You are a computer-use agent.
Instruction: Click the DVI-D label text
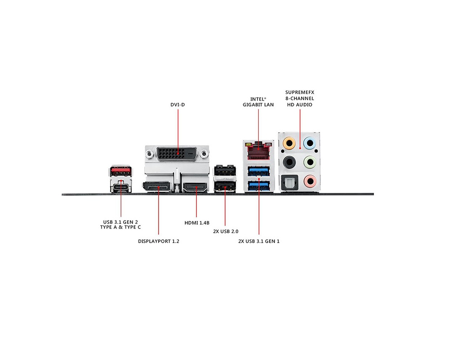(178, 104)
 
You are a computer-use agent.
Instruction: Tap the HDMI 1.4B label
(197, 223)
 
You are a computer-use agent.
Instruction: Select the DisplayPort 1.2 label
(159, 241)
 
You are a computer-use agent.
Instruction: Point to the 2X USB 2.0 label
(226, 231)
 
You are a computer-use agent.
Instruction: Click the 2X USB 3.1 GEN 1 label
(259, 241)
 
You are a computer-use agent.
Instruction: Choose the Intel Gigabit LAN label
(258, 102)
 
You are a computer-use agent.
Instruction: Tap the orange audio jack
(289, 144)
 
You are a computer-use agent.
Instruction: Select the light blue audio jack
(309, 144)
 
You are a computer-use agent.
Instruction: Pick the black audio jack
(289, 162)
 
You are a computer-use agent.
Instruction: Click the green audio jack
(309, 162)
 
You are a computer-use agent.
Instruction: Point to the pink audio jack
(309, 181)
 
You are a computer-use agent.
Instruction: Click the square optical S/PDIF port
(289, 182)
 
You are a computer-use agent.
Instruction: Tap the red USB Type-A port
(121, 171)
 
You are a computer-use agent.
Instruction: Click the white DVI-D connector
(177, 153)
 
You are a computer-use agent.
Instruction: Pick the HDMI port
(195, 187)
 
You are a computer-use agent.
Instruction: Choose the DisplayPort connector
(157, 187)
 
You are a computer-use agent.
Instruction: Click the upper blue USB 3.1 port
(259, 171)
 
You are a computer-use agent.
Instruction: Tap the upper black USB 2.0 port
(225, 170)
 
